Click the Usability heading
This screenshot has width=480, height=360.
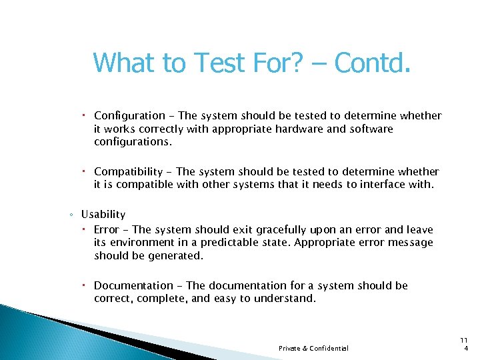click(x=103, y=214)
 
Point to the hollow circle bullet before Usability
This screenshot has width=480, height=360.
click(x=71, y=215)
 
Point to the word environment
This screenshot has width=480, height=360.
click(x=147, y=243)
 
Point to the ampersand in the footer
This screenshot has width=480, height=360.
click(x=304, y=348)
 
